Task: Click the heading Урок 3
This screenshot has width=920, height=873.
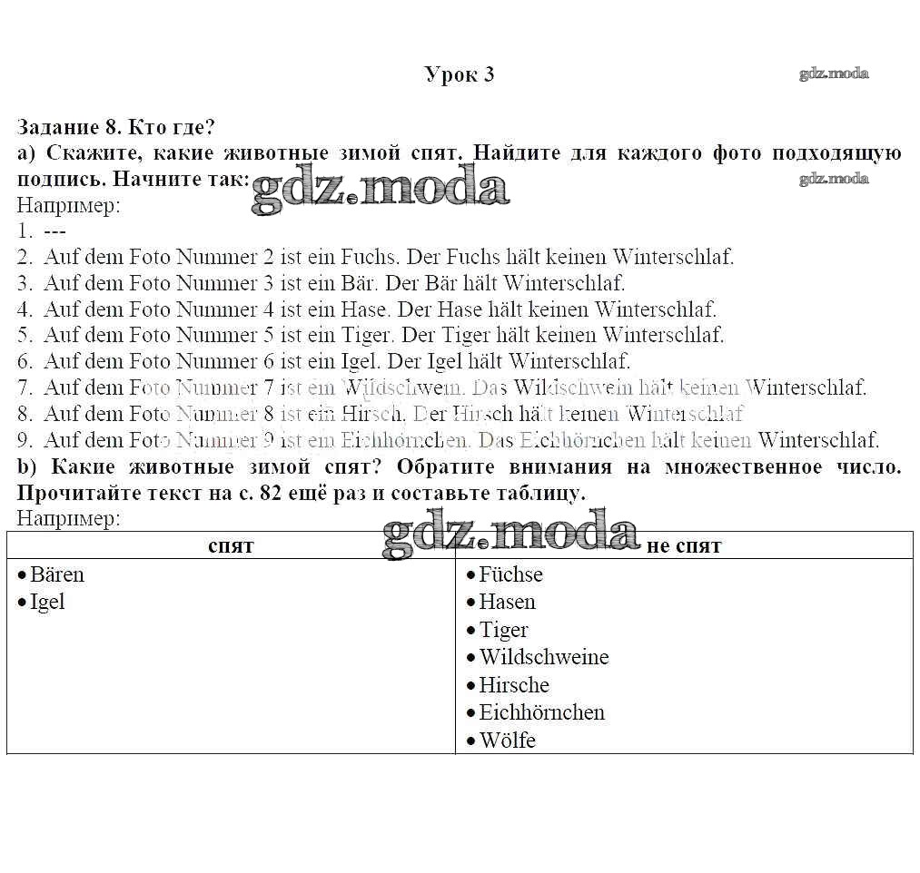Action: [460, 74]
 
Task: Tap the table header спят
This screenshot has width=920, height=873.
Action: [231, 545]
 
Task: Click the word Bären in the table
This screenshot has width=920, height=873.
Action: [56, 574]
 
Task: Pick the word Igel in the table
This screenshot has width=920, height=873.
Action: [47, 602]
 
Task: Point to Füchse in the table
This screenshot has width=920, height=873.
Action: [510, 574]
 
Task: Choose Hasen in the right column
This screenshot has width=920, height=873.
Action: [507, 602]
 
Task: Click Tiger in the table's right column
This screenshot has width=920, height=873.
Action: [503, 630]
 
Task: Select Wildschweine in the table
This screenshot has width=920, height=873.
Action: [543, 657]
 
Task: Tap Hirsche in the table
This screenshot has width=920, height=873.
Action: [513, 685]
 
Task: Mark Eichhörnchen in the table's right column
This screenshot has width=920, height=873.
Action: [541, 712]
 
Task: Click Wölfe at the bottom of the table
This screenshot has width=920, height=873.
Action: [507, 741]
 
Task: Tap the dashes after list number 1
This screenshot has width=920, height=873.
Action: [54, 231]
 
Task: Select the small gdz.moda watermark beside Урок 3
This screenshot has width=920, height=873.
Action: [834, 74]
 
